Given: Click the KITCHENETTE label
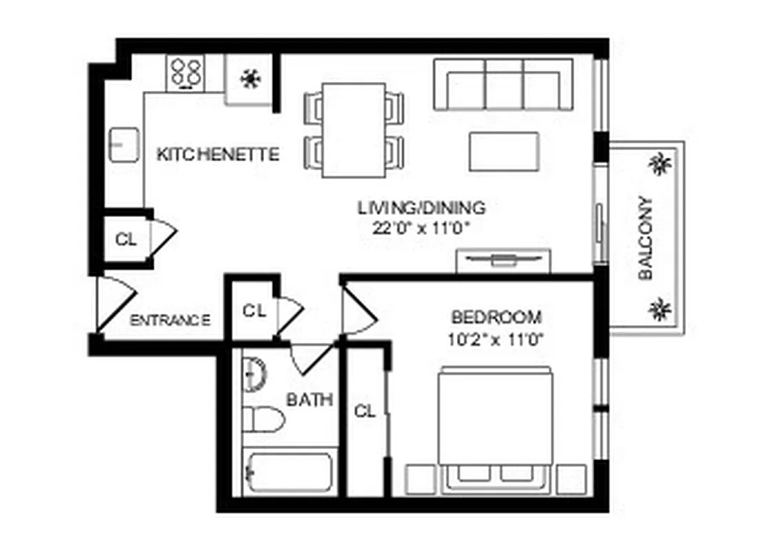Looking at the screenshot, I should pyautogui.click(x=219, y=154).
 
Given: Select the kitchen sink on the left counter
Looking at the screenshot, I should pyautogui.click(x=125, y=145).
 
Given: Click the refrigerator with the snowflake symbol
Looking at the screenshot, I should pyautogui.click(x=250, y=79).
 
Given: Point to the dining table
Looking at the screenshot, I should pyautogui.click(x=354, y=129).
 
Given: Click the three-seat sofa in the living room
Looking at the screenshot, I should pyautogui.click(x=503, y=85).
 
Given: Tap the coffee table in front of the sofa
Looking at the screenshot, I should pyautogui.click(x=504, y=152).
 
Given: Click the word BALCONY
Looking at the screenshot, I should pyautogui.click(x=645, y=238).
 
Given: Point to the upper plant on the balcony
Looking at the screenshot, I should pyautogui.click(x=660, y=165).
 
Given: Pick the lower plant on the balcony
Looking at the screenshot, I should pyautogui.click(x=660, y=309).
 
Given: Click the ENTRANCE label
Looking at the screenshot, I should pyautogui.click(x=170, y=320).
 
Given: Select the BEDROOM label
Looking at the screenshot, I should pyautogui.click(x=496, y=318).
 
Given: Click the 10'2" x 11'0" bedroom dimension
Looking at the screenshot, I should pyautogui.click(x=496, y=340).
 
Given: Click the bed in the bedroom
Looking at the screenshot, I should pyautogui.click(x=496, y=427).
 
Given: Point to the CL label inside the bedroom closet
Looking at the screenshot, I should pyautogui.click(x=365, y=412).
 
